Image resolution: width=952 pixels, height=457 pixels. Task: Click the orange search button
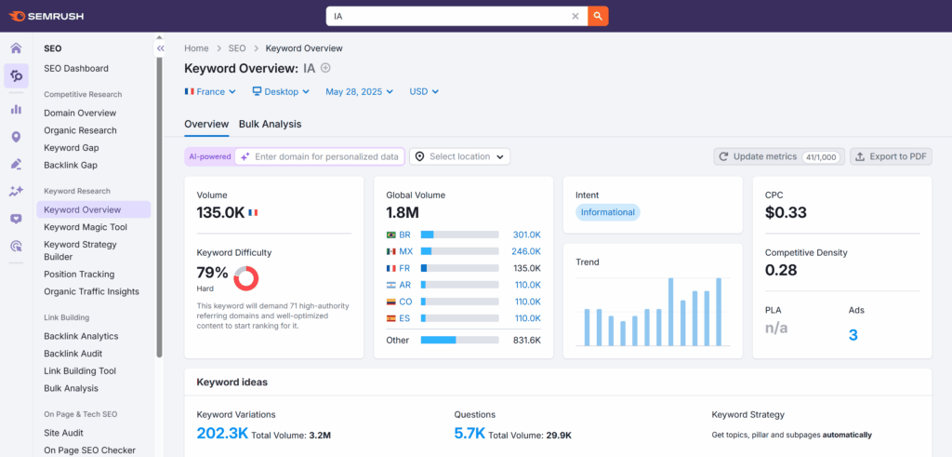[x=599, y=16]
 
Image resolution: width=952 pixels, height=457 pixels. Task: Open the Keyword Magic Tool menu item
[x=86, y=227]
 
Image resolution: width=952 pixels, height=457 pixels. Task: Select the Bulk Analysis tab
[x=270, y=124]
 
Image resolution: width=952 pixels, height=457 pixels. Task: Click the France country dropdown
[x=210, y=92]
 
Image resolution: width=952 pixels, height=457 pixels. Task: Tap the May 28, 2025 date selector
[x=359, y=92]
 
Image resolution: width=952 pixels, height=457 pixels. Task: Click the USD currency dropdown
[x=424, y=92]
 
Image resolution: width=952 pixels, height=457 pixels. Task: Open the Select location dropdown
[x=460, y=156]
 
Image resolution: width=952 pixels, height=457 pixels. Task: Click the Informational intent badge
[x=607, y=212]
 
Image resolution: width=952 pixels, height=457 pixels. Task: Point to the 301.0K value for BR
[x=526, y=235]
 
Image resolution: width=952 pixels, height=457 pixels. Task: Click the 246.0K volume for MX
[x=526, y=251]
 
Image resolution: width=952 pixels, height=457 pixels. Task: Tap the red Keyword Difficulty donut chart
[x=245, y=277]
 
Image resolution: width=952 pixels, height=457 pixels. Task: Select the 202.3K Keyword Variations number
[x=221, y=434]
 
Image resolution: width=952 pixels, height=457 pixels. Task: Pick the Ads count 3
[x=853, y=335]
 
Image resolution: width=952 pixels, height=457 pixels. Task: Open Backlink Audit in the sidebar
[x=73, y=354]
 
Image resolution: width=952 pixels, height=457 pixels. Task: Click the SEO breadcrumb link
[x=237, y=47]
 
